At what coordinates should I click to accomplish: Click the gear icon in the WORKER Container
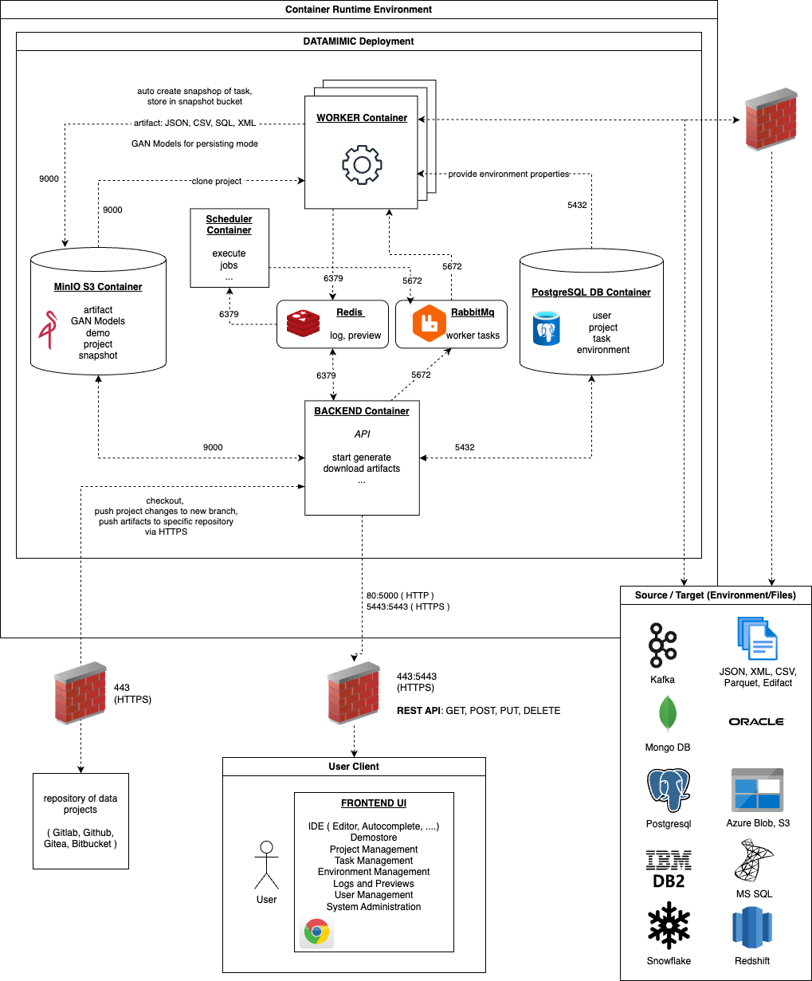pyautogui.click(x=361, y=165)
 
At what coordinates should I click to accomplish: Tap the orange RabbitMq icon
pyautogui.click(x=428, y=323)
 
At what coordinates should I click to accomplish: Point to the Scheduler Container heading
pyautogui.click(x=229, y=225)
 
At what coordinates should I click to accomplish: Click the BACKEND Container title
pyautogui.click(x=362, y=411)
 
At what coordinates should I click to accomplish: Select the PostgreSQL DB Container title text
pyautogui.click(x=591, y=292)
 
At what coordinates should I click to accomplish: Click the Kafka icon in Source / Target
pyautogui.click(x=661, y=645)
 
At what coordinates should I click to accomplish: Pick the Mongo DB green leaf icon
pyautogui.click(x=667, y=713)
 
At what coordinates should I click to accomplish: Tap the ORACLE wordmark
pyautogui.click(x=756, y=721)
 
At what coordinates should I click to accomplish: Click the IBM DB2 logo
pyautogui.click(x=668, y=869)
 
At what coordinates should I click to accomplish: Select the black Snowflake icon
pyautogui.click(x=668, y=926)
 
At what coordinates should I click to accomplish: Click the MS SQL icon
pyautogui.click(x=753, y=861)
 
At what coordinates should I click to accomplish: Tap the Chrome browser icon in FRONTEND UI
pyautogui.click(x=317, y=932)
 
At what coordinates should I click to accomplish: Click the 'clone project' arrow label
pyautogui.click(x=217, y=181)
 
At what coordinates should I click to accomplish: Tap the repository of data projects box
pyautogui.click(x=80, y=821)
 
